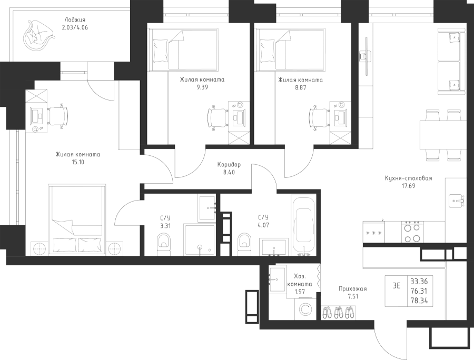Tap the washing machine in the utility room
[305, 308]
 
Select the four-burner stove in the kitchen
[411, 232]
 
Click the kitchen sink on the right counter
[456, 201]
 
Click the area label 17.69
[408, 186]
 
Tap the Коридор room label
[229, 164]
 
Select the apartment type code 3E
[397, 286]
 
